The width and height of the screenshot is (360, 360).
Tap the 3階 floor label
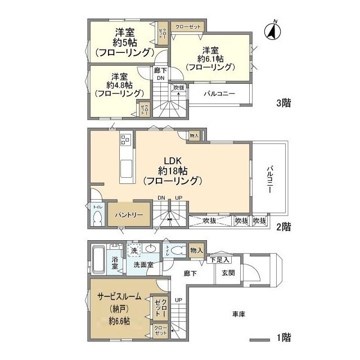click(283, 103)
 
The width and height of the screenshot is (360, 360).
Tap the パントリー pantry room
click(129, 215)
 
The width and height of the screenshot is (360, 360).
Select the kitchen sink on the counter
click(125, 168)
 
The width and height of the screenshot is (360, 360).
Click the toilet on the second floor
click(97, 217)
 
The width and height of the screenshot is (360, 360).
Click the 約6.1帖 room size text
click(210, 58)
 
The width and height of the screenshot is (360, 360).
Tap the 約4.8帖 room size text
click(119, 85)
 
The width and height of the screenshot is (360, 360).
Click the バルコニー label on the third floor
click(219, 94)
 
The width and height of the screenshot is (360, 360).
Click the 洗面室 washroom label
click(143, 264)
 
